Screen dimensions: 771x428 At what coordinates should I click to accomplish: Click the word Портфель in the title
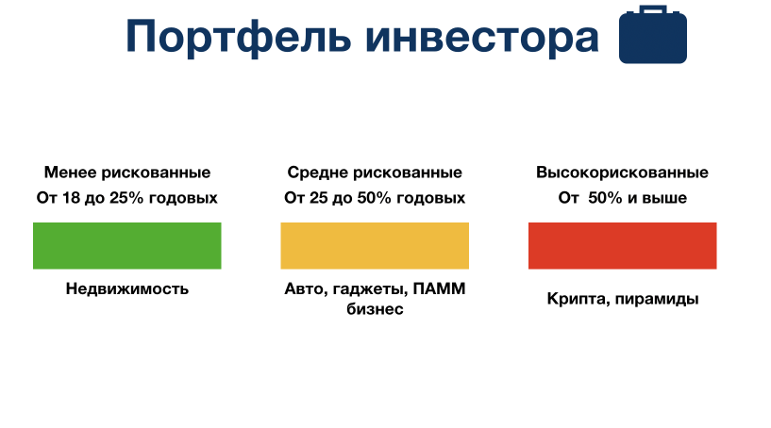click(239, 38)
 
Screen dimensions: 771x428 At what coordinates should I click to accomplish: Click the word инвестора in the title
click(482, 38)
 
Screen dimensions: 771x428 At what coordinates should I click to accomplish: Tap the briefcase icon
click(652, 34)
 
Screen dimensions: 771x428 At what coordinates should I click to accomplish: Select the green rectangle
click(126, 246)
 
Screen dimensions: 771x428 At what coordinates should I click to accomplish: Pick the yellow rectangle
click(375, 246)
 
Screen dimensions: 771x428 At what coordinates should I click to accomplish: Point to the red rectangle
click(623, 246)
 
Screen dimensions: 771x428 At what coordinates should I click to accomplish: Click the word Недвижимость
click(126, 288)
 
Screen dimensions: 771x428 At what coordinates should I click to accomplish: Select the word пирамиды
click(657, 299)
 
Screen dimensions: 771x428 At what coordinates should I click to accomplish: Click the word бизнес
click(375, 309)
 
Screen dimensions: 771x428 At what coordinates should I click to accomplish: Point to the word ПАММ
click(439, 288)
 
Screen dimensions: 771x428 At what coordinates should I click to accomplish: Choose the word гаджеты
click(370, 289)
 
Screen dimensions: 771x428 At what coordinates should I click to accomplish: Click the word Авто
click(306, 288)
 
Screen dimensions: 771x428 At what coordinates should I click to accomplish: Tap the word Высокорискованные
click(622, 173)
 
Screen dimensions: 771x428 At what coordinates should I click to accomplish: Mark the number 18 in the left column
click(72, 198)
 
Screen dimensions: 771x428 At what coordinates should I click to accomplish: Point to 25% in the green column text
click(126, 198)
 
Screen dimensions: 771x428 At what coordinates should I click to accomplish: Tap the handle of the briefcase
click(653, 8)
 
